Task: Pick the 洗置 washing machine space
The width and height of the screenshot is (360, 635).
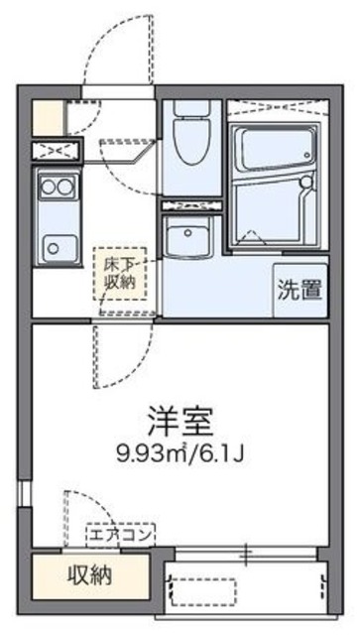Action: tap(300, 291)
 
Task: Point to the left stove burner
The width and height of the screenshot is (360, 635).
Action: tap(46, 185)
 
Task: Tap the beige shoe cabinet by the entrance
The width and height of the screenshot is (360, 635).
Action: tap(47, 116)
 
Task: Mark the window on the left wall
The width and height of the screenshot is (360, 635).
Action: tap(25, 495)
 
